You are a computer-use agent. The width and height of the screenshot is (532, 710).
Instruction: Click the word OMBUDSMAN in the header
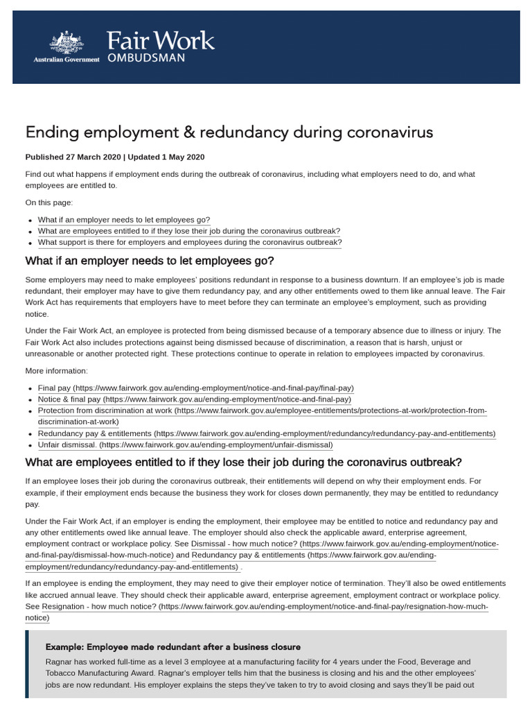(x=145, y=59)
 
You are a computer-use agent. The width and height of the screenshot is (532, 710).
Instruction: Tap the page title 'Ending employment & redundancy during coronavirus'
(x=229, y=132)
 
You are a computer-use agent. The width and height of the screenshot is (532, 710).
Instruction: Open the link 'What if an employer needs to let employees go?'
(x=124, y=220)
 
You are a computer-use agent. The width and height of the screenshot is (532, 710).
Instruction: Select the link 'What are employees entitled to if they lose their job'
(x=189, y=231)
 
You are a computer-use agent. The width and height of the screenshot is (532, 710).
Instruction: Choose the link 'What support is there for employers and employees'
(x=190, y=243)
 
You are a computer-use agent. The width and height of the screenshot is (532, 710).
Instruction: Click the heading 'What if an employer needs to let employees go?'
(x=150, y=261)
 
